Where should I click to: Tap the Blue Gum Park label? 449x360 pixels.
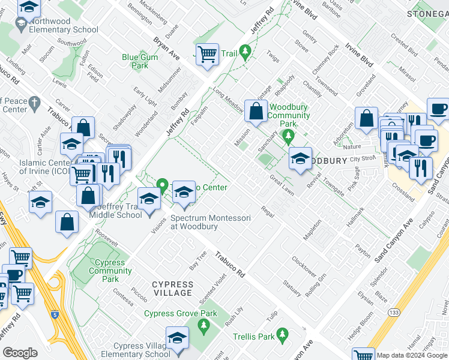[135, 61]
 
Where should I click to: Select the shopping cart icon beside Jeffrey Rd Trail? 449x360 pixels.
[207, 54]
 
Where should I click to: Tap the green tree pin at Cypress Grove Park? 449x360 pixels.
[203, 326]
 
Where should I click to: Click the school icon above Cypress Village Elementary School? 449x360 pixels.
[177, 338]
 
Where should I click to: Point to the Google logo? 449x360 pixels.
[20, 353]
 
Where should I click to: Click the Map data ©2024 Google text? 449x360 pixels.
[412, 355]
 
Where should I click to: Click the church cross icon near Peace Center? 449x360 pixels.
[35, 104]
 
